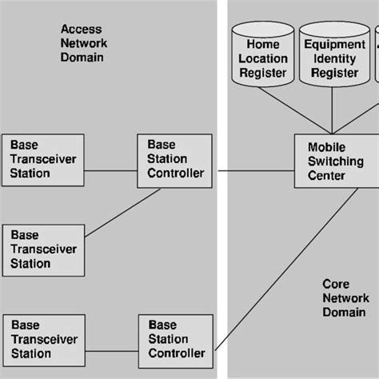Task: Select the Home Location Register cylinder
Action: pos(262,58)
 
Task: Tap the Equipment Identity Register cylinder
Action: pos(334,58)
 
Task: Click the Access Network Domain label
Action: pos(83,43)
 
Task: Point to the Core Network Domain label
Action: pos(345,297)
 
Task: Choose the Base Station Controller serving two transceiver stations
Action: pos(175,160)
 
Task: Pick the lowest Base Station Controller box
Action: pos(177,339)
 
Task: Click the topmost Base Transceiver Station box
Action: pos(44,160)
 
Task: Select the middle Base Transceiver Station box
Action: pos(44,249)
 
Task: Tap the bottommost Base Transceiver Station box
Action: pos(44,340)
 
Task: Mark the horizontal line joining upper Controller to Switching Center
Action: pos(253,170)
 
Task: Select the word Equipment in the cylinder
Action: pos(334,45)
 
